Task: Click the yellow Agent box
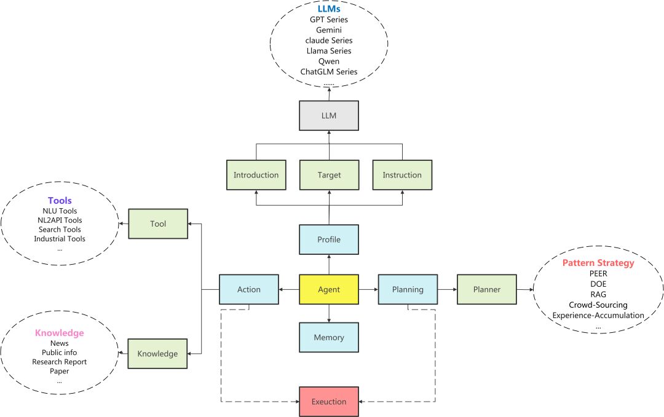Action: (329, 289)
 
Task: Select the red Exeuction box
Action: (329, 402)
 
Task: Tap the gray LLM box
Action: (329, 115)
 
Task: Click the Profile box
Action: (329, 240)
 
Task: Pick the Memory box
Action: (329, 337)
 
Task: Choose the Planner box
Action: (486, 289)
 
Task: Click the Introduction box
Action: (256, 175)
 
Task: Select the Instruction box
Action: (402, 175)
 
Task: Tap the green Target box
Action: (329, 175)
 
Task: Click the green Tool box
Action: (158, 224)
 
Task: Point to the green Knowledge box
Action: (157, 354)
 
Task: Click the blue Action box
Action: (249, 289)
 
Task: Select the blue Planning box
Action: (408, 289)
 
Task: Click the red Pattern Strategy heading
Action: (598, 263)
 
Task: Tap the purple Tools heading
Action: (60, 201)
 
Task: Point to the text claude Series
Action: (329, 41)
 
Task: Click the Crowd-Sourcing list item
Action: (598, 305)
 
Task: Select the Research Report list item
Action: (60, 362)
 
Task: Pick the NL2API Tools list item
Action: (60, 220)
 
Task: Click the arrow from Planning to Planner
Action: (447, 289)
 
